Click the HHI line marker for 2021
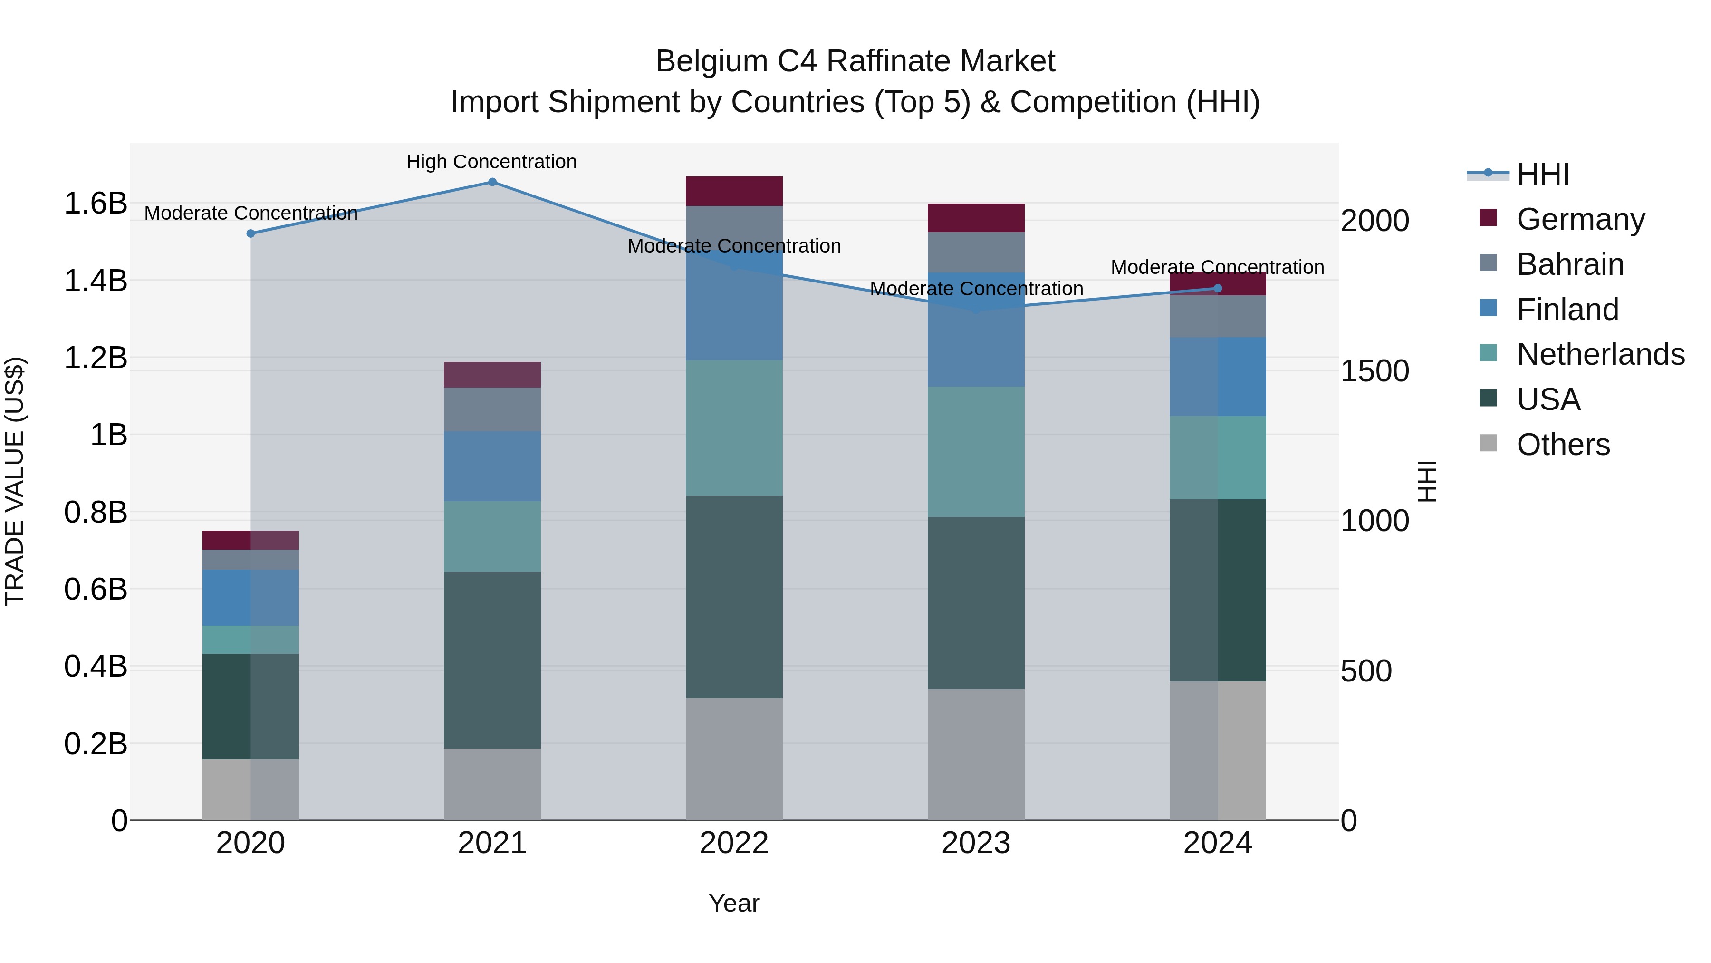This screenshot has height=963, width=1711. pos(492,182)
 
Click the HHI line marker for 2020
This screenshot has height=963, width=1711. pos(250,233)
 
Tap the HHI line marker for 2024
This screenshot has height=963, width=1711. pos(1218,289)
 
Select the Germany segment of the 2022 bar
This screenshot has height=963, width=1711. pos(734,191)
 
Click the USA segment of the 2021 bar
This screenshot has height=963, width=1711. pos(492,660)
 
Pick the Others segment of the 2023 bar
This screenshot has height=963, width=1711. pos(976,754)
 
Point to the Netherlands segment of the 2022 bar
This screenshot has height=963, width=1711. pos(734,428)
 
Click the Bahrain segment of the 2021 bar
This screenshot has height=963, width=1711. pos(492,409)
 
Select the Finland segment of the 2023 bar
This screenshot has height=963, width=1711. pos(976,330)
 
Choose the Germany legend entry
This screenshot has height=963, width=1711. pos(1580,219)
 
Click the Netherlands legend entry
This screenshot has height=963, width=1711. pos(1600,354)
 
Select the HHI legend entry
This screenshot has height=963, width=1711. pos(1542,174)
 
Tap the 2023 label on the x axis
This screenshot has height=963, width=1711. pos(976,843)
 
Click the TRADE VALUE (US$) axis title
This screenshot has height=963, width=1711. pos(15,481)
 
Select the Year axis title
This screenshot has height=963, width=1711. pos(734,903)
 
